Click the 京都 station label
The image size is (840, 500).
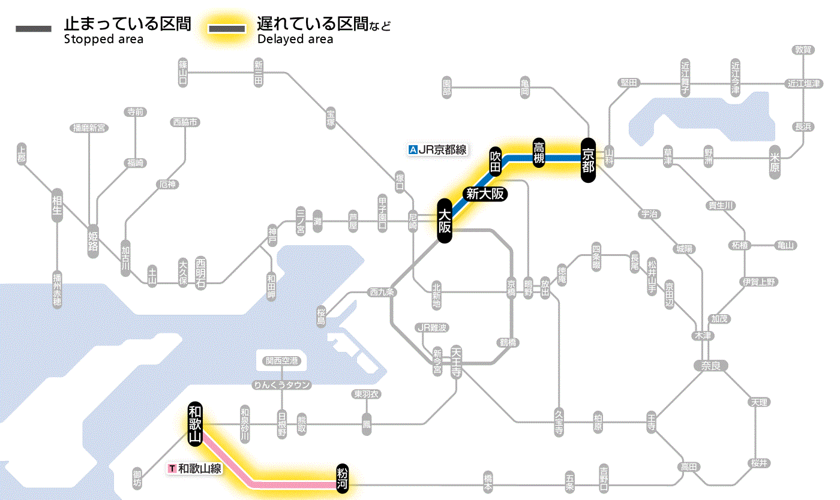pyautogui.click(x=587, y=159)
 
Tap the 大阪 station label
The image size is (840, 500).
pyautogui.click(x=444, y=221)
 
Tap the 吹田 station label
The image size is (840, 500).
pyautogui.click(x=496, y=161)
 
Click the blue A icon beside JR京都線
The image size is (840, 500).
pyautogui.click(x=412, y=150)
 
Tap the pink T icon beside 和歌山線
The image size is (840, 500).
pyautogui.click(x=172, y=468)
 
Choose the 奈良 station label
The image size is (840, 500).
pyautogui.click(x=710, y=365)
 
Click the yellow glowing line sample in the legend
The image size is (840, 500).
pyautogui.click(x=227, y=29)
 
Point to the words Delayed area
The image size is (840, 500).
pyautogui.click(x=295, y=40)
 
